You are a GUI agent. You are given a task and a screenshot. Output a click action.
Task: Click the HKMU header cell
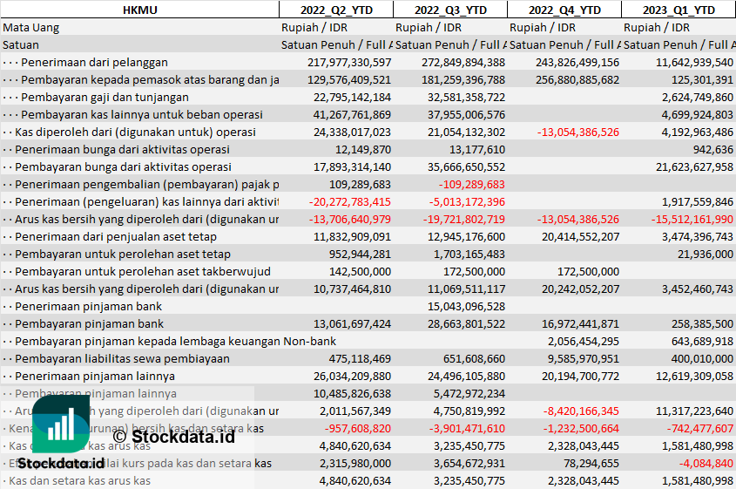[139, 10]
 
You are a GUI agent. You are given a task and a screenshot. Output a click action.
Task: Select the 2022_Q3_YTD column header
[449, 10]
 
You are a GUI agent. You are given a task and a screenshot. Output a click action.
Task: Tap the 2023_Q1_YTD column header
[679, 10]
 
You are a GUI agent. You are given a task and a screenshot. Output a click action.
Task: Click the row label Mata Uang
[31, 27]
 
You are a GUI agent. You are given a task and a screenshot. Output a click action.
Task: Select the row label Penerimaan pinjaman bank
[89, 306]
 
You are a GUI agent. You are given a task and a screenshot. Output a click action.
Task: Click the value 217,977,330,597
[349, 62]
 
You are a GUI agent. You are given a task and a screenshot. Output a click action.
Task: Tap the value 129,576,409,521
[349, 79]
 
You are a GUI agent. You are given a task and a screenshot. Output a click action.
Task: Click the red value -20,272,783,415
[351, 201]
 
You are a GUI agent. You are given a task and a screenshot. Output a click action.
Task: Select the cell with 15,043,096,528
[466, 306]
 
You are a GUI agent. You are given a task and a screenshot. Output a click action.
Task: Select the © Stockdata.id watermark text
[174, 436]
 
